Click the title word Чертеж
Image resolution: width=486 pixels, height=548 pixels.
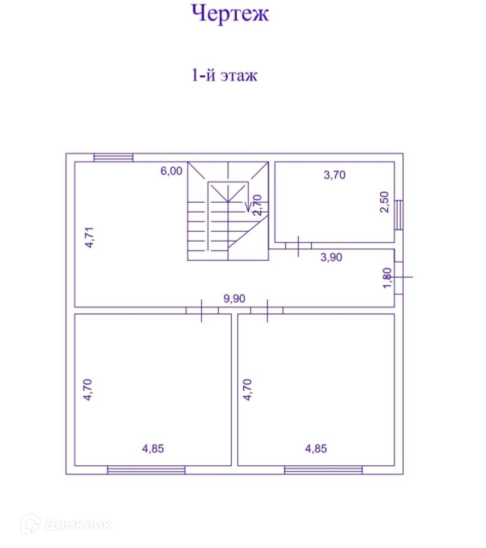[230, 14]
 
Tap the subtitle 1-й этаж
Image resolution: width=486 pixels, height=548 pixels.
[224, 76]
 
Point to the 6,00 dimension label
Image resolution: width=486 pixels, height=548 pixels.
[171, 171]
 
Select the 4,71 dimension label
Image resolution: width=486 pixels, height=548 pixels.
[89, 237]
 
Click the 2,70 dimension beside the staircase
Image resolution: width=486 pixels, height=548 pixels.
[257, 205]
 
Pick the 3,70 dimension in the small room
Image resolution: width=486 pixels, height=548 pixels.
[334, 175]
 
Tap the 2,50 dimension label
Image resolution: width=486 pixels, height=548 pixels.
[384, 202]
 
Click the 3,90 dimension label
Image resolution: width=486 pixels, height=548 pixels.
[331, 257]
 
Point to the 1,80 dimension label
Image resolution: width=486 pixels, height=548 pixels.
[387, 278]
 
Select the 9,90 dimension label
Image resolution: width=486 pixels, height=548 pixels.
[235, 299]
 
